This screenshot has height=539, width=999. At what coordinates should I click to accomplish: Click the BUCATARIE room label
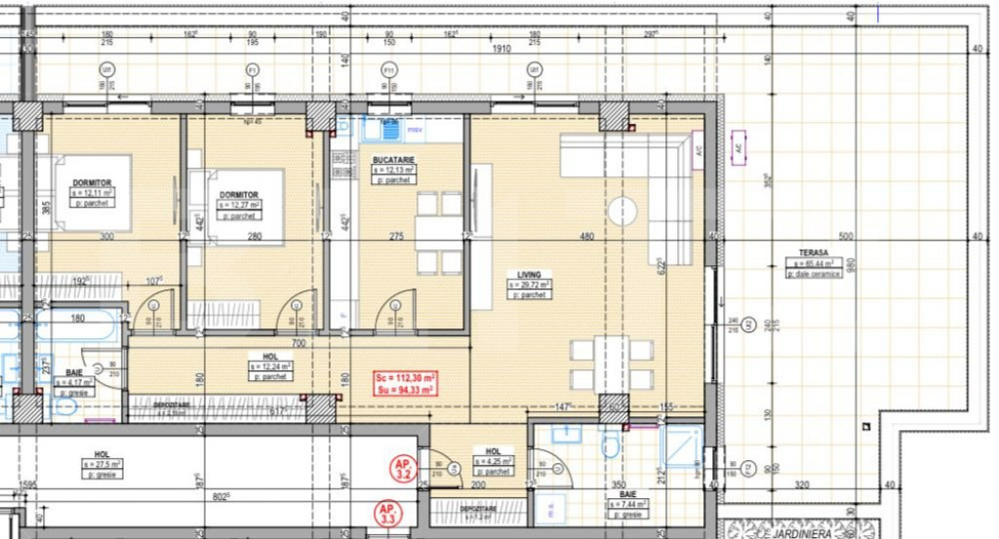pyautogui.click(x=393, y=158)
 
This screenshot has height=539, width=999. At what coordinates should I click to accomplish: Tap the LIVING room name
pyautogui.click(x=529, y=274)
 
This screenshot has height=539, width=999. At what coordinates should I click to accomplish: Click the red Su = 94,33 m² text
pyautogui.click(x=405, y=390)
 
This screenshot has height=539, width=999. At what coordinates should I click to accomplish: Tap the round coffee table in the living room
pyautogui.click(x=622, y=211)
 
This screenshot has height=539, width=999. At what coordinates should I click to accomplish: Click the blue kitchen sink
pyautogui.click(x=389, y=129)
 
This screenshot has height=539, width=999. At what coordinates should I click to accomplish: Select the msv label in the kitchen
pyautogui.click(x=415, y=129)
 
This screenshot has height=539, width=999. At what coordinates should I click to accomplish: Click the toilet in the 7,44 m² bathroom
pyautogui.click(x=612, y=445)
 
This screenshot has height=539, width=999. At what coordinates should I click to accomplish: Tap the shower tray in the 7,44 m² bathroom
pyautogui.click(x=681, y=447)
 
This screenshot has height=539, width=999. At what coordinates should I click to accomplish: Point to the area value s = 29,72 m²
pyautogui.click(x=529, y=285)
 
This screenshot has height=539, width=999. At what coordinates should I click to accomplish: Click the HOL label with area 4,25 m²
pyautogui.click(x=493, y=452)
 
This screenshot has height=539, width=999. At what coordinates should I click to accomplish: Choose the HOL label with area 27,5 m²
pyautogui.click(x=101, y=454)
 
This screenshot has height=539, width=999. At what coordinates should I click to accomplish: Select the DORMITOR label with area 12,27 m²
pyautogui.click(x=238, y=195)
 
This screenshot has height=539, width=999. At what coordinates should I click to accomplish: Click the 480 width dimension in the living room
pyautogui.click(x=587, y=236)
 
